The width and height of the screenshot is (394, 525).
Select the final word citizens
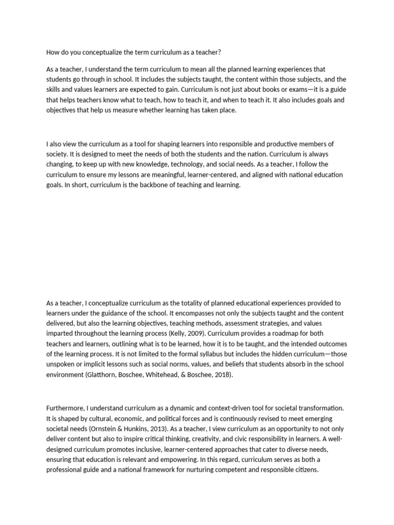(x=304, y=470)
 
